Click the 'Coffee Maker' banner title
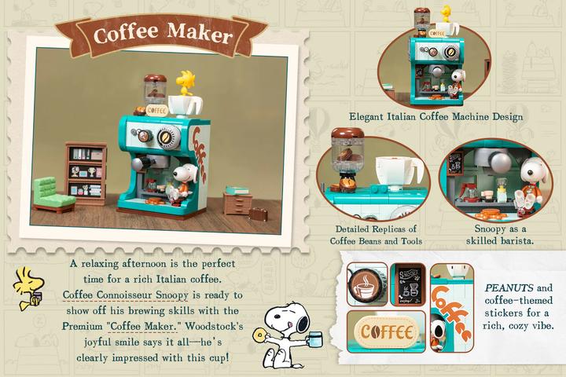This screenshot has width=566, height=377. pos(162,35)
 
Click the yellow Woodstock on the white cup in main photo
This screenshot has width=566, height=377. pos(186,82)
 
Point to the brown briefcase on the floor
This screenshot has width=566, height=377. pos(258,211)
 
